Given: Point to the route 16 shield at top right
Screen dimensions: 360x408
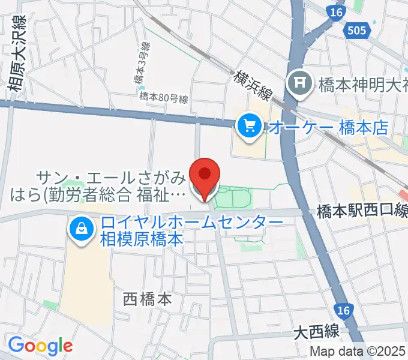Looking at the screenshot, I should [335, 12].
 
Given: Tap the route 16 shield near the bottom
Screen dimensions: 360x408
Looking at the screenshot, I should [343, 310].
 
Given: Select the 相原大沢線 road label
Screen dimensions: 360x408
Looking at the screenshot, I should [16, 57].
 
